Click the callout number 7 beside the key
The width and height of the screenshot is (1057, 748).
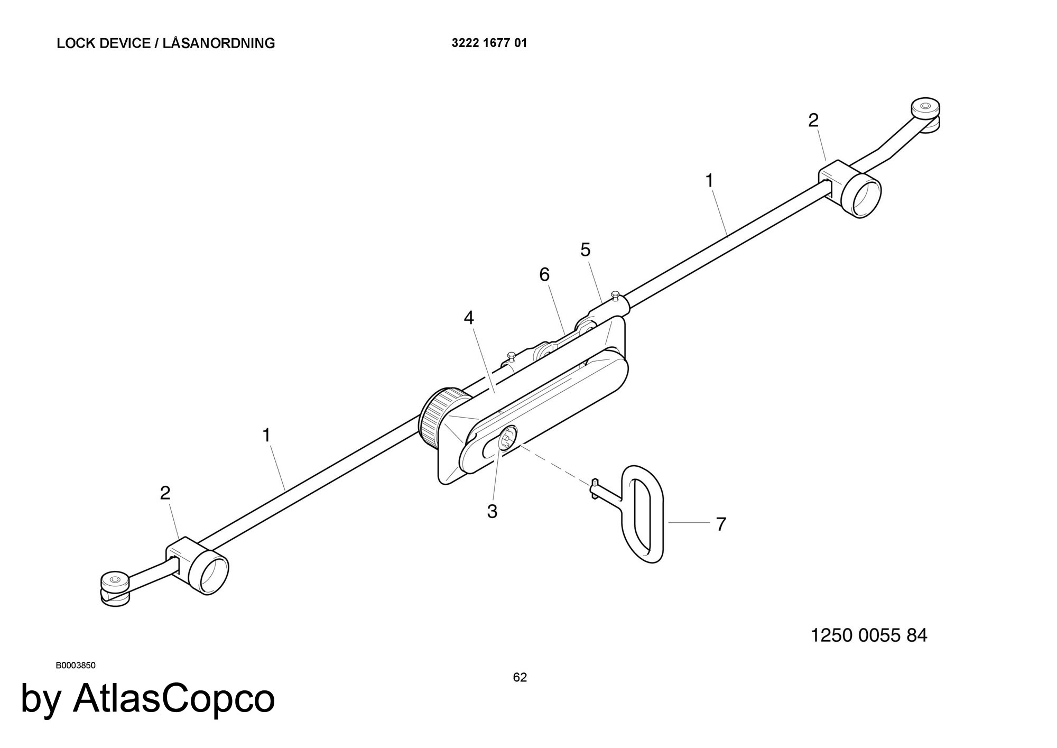click(x=721, y=524)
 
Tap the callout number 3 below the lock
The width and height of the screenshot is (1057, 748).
click(x=492, y=511)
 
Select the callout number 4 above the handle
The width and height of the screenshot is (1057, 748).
click(x=469, y=318)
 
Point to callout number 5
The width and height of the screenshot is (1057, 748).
click(x=585, y=250)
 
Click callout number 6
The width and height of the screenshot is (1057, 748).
click(x=544, y=274)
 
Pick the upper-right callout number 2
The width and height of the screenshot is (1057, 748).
click(x=813, y=121)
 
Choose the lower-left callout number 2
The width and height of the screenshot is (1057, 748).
click(x=165, y=493)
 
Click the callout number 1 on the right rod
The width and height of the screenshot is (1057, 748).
click(x=709, y=181)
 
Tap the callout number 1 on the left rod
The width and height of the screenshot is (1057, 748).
click(x=266, y=436)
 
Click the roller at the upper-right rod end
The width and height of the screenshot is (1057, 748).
click(x=925, y=109)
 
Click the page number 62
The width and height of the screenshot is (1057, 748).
click(x=520, y=677)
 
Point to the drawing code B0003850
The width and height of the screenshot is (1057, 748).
click(x=76, y=666)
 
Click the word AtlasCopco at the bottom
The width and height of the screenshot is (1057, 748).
click(x=174, y=698)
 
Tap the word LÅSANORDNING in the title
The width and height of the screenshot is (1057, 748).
click(x=219, y=43)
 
